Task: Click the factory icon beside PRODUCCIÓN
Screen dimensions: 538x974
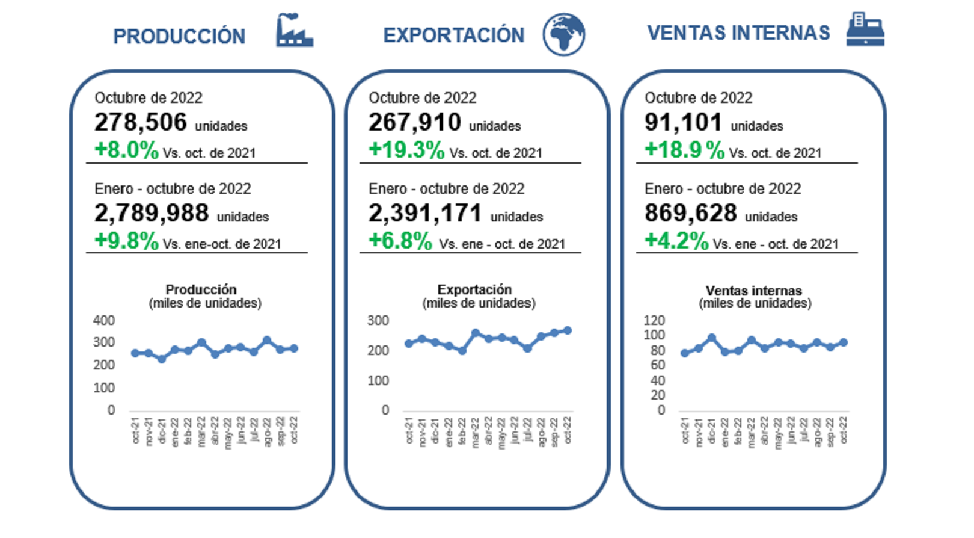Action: (x=294, y=31)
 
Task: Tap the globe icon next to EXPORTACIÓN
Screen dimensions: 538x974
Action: (x=563, y=34)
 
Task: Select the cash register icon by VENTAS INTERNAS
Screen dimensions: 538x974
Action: (x=865, y=29)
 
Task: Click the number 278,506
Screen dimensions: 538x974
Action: (x=141, y=123)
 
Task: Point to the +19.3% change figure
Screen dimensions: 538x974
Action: (x=406, y=149)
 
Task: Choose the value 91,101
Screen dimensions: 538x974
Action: (x=683, y=123)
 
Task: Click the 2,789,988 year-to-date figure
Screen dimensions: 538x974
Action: (x=152, y=213)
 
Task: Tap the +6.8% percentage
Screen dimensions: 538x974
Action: (x=400, y=241)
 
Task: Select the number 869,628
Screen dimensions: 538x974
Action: (x=691, y=213)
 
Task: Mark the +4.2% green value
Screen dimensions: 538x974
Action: (x=676, y=241)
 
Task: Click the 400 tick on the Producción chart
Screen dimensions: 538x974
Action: (x=104, y=321)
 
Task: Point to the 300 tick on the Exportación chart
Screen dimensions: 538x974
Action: (x=378, y=321)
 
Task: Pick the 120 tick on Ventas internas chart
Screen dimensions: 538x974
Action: (x=654, y=320)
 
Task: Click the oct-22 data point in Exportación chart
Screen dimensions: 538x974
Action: (x=567, y=330)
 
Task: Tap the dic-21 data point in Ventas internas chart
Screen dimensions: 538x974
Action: (x=712, y=338)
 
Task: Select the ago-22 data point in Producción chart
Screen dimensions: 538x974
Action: (x=267, y=341)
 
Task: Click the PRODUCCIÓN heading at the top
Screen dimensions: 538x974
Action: (x=179, y=37)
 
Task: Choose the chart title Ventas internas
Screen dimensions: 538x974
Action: (x=754, y=291)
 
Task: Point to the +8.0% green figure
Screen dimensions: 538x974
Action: (x=126, y=150)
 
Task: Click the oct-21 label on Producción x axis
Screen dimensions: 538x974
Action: (x=136, y=431)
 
